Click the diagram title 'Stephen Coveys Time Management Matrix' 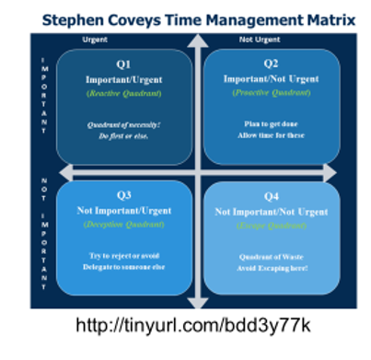[x=184, y=16]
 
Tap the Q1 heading [x=122, y=65]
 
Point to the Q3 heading [x=122, y=196]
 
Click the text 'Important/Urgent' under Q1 [x=122, y=79]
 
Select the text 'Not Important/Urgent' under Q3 [x=122, y=210]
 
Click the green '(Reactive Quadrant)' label [x=122, y=93]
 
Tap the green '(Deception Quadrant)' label [x=122, y=224]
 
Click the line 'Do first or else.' [x=122, y=135]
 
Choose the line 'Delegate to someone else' [x=122, y=266]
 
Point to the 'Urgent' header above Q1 [x=95, y=40]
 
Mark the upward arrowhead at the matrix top [x=194, y=41]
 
